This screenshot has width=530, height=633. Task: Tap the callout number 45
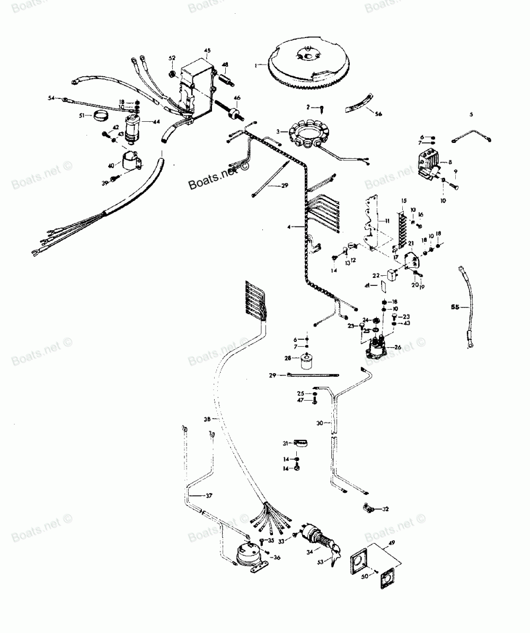(207, 50)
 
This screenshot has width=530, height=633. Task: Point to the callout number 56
(378, 114)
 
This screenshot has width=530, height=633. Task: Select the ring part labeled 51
(100, 115)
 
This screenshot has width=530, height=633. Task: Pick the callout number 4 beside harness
(289, 227)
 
